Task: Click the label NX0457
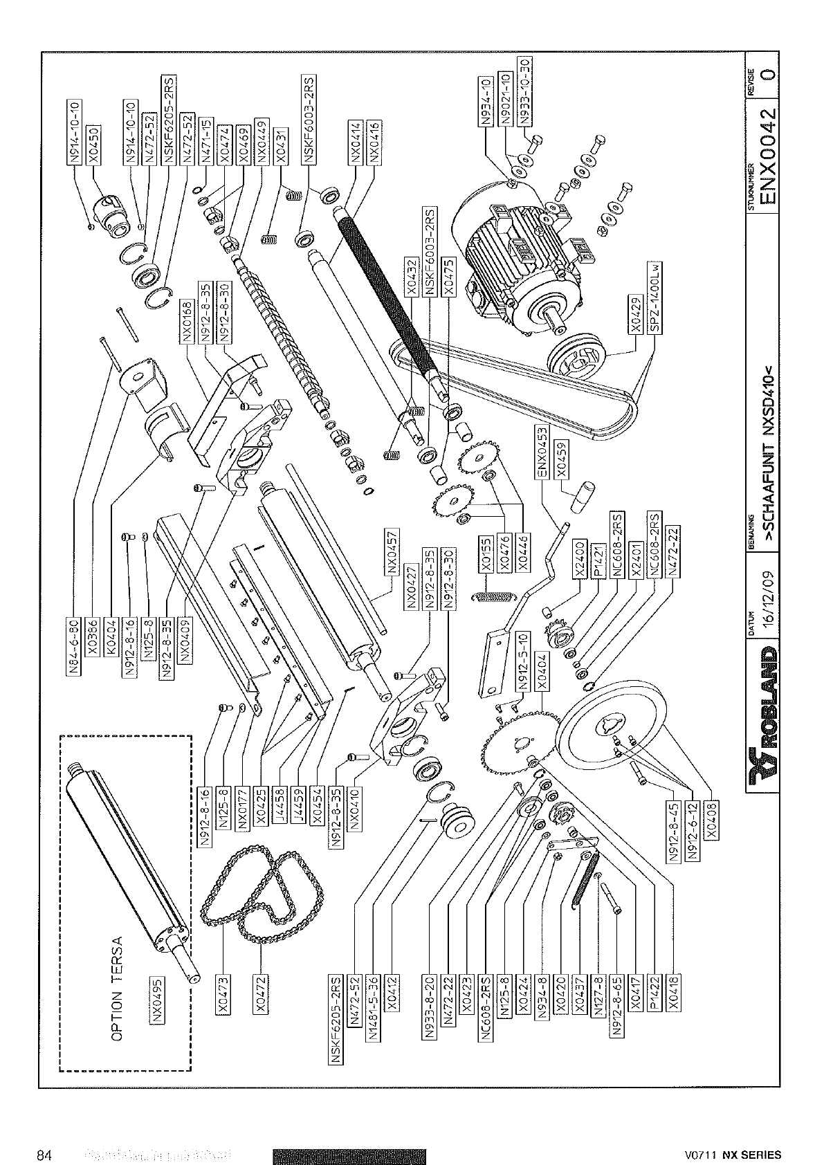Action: coord(392,553)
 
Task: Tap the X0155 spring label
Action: coord(487,553)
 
